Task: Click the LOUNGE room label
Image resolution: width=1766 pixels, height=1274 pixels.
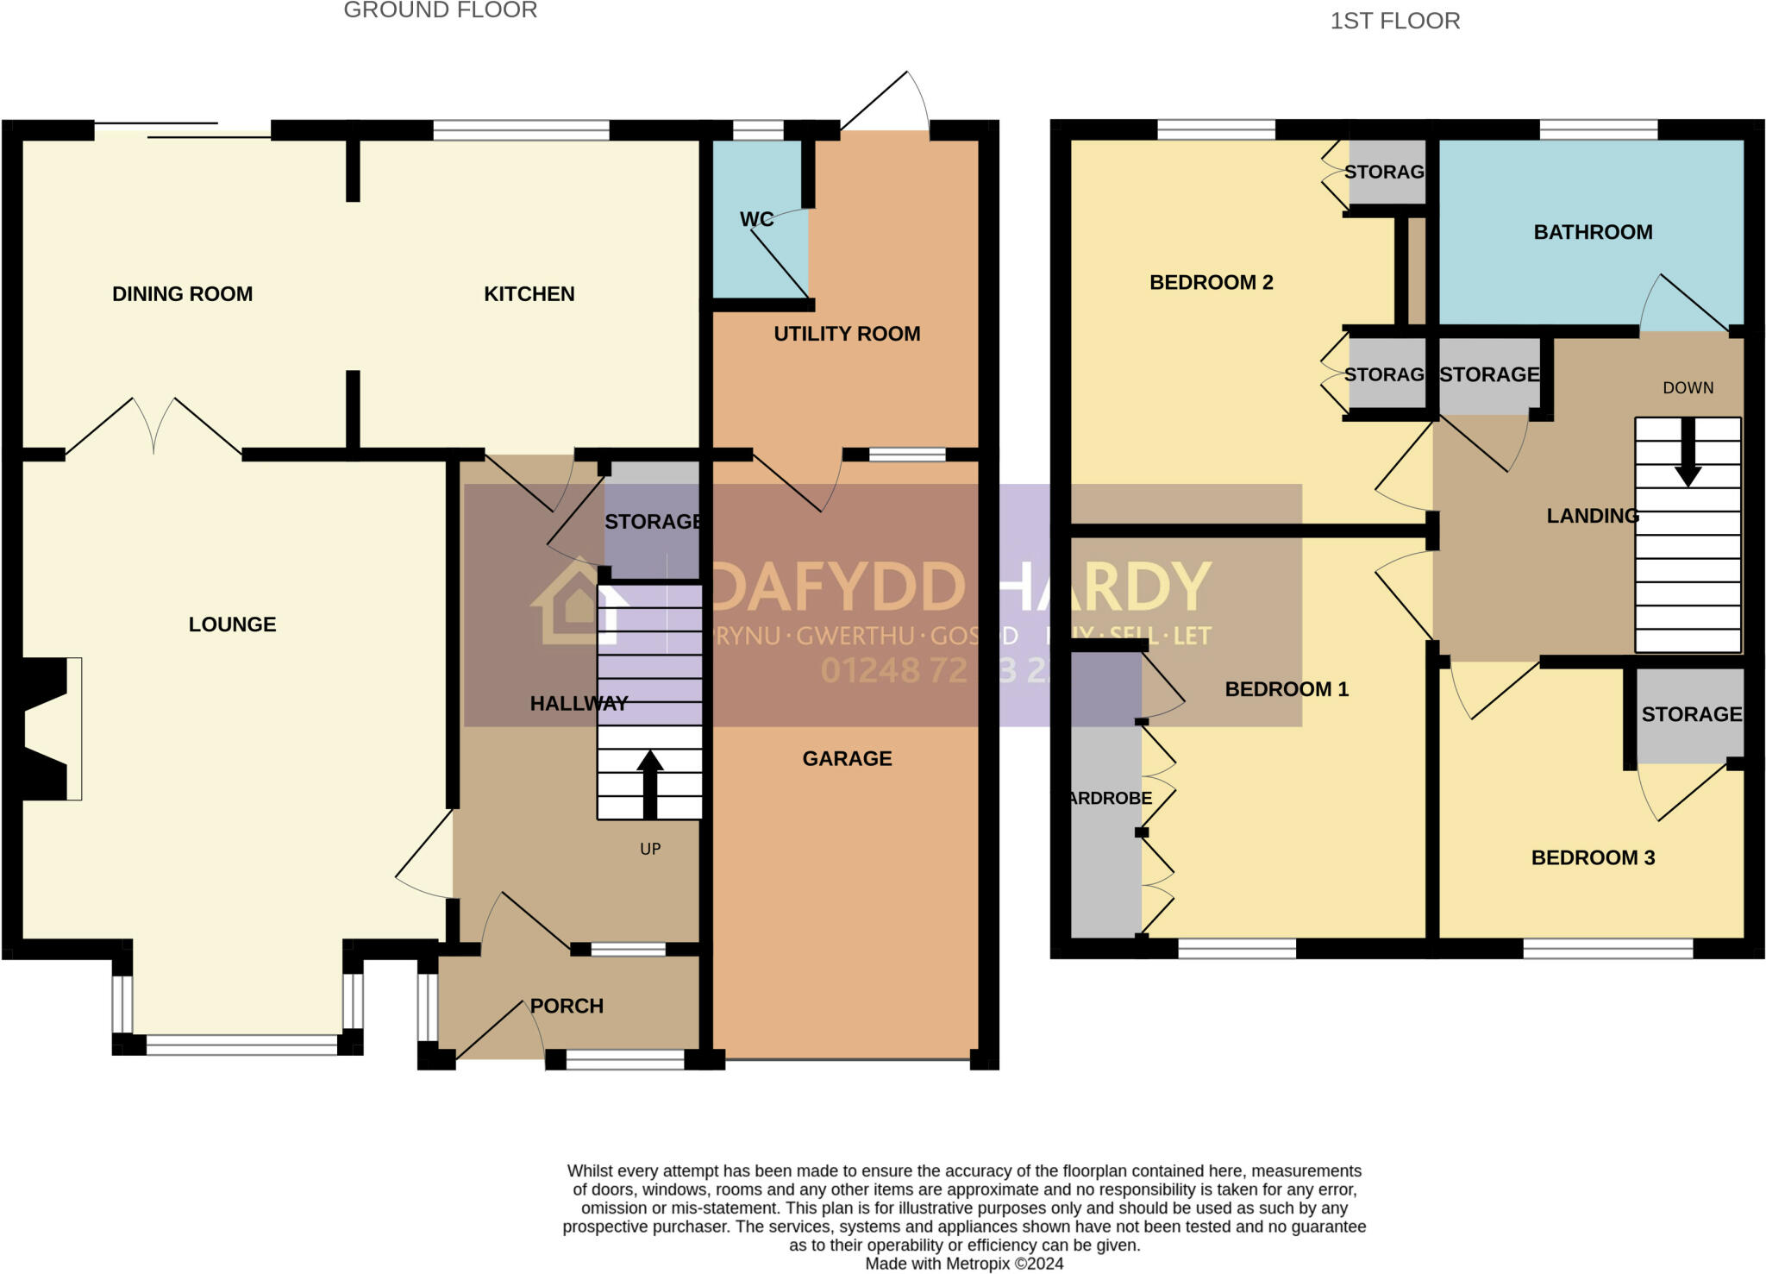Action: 232,624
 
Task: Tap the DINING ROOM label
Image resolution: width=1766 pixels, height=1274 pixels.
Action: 182,294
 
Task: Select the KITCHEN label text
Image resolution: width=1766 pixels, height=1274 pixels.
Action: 529,294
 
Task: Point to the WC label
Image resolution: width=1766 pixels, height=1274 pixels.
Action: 756,220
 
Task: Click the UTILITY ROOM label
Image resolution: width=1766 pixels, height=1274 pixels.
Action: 846,334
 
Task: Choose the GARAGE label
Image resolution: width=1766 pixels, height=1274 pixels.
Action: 847,759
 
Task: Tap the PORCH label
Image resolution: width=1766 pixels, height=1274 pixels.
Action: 566,1006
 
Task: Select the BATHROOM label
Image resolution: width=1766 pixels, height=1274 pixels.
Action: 1593,232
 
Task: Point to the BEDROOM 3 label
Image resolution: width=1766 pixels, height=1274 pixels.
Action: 1592,857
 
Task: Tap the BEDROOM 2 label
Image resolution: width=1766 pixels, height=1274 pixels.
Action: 1211,283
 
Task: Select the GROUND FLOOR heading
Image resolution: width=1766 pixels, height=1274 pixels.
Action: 440,10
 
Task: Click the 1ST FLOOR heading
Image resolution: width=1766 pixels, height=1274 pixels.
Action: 1394,21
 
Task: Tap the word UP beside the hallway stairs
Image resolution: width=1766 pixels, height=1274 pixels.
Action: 650,850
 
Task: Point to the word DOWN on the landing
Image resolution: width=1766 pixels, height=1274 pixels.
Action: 1688,388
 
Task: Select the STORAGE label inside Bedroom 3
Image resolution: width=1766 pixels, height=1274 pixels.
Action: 1691,714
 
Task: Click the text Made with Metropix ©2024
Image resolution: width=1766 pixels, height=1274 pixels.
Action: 964,1264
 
